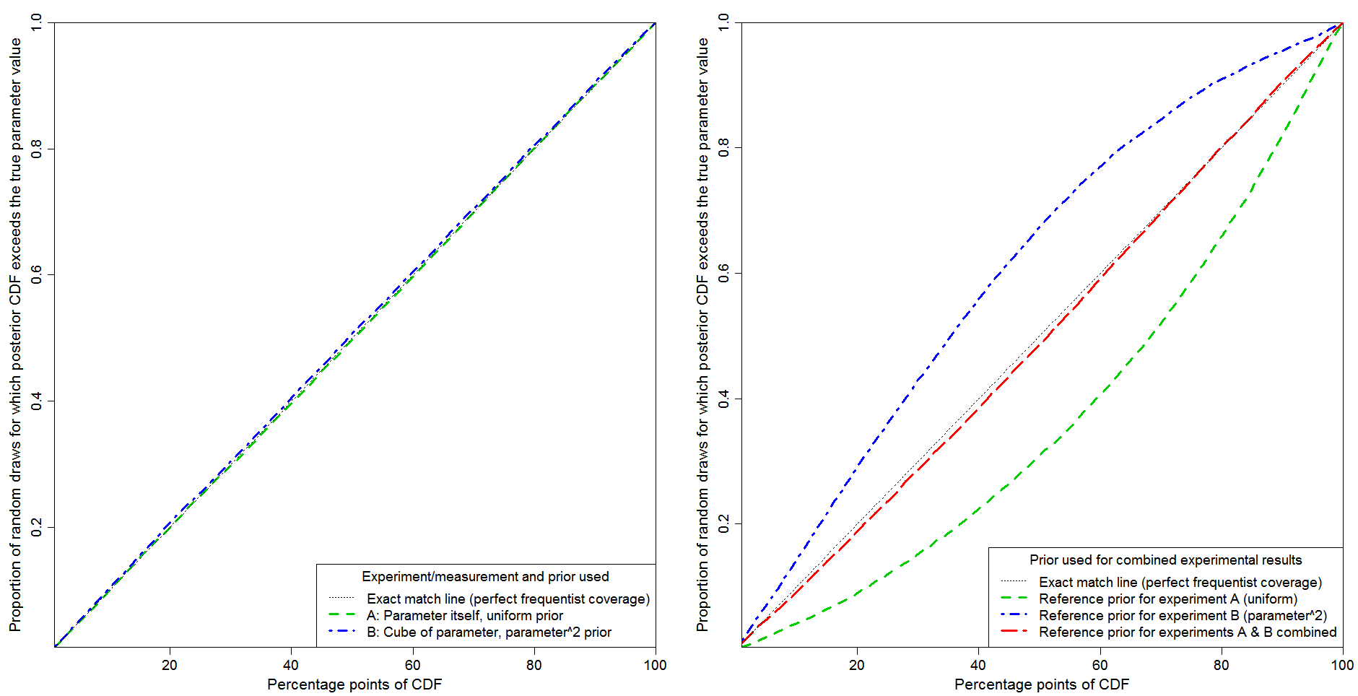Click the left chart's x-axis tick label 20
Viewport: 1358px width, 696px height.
pyautogui.click(x=169, y=665)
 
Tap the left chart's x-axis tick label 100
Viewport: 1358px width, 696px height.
pyautogui.click(x=655, y=665)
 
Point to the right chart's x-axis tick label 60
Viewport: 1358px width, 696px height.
pyautogui.click(x=1100, y=665)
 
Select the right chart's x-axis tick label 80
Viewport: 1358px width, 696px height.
pyautogui.click(x=1221, y=665)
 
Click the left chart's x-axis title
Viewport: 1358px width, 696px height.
pyautogui.click(x=354, y=684)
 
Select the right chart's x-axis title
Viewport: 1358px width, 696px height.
pyautogui.click(x=1042, y=684)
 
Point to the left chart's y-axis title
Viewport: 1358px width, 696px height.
pyautogui.click(x=15, y=335)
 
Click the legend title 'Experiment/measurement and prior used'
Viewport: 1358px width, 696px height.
pyautogui.click(x=485, y=576)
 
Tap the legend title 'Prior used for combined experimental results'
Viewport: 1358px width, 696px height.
pyautogui.click(x=1165, y=560)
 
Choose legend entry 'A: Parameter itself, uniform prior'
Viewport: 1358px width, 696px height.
pyautogui.click(x=465, y=615)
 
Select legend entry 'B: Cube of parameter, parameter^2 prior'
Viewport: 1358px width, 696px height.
pyautogui.click(x=489, y=632)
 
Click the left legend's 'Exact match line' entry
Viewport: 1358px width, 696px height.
pyautogui.click(x=508, y=599)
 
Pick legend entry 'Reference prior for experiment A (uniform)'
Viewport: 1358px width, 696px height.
pyautogui.click(x=1167, y=599)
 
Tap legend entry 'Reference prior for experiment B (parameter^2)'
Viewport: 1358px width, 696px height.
pyautogui.click(x=1183, y=615)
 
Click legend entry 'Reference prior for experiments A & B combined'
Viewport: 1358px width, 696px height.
pyautogui.click(x=1188, y=632)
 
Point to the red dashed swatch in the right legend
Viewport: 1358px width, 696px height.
pyautogui.click(x=1014, y=632)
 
